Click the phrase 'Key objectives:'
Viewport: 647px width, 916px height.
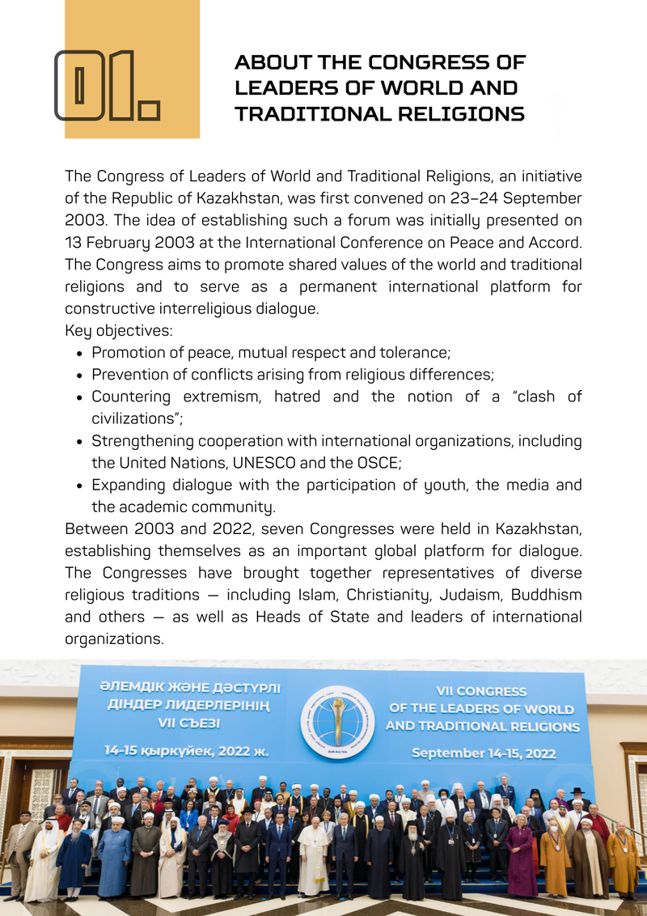click(x=119, y=330)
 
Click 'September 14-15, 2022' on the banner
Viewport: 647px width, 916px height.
click(x=483, y=753)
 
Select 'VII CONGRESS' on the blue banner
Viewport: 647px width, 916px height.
click(x=481, y=691)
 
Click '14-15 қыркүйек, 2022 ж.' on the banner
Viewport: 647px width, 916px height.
click(x=186, y=751)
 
